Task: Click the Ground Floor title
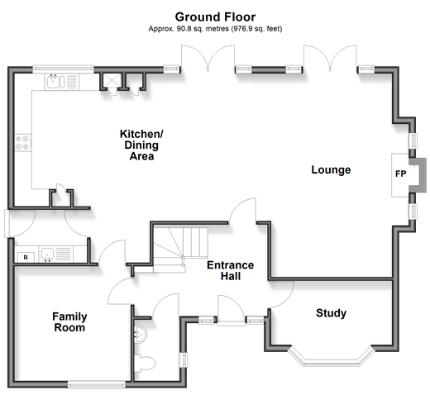tap(215, 17)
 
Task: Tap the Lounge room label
tap(331, 169)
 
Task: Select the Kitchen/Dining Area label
tap(141, 145)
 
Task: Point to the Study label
tap(331, 313)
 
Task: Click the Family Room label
tap(69, 322)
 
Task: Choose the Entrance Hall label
tap(231, 270)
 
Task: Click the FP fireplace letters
tap(400, 174)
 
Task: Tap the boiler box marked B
tap(26, 257)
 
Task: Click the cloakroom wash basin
tap(141, 334)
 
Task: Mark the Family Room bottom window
tap(96, 384)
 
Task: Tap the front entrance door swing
tap(231, 308)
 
